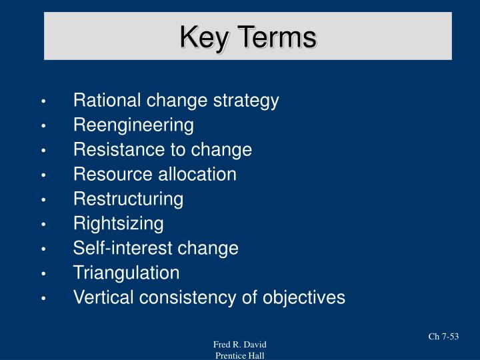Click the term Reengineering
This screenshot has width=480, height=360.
[133, 125]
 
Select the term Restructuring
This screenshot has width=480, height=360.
[128, 199]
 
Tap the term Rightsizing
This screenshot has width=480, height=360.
[118, 223]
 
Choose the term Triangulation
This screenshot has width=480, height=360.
[126, 273]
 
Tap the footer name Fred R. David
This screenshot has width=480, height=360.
[240, 344]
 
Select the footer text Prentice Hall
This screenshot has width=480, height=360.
[240, 355]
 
